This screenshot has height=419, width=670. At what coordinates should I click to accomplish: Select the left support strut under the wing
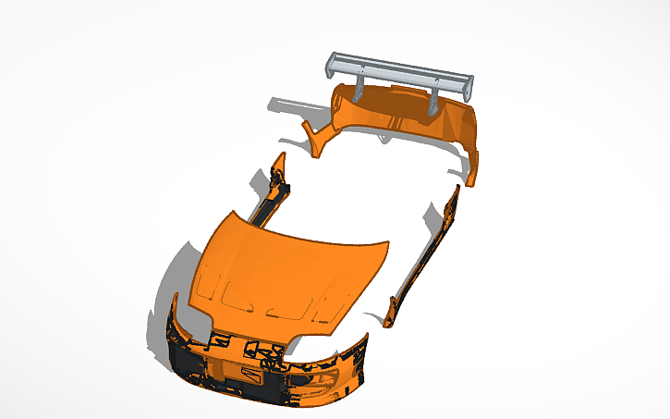point(358,91)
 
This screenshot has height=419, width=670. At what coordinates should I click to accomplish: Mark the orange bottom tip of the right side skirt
point(389,314)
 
